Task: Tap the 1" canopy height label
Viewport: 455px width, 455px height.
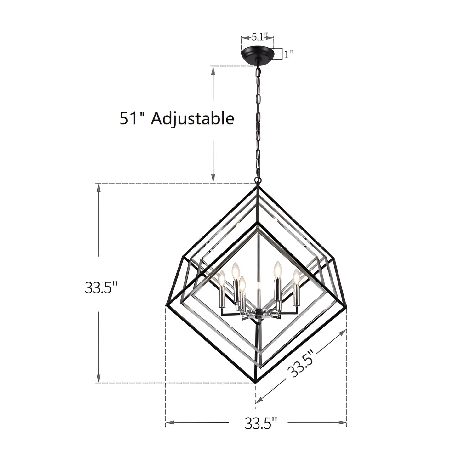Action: tap(288, 54)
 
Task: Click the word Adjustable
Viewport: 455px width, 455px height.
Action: tap(192, 119)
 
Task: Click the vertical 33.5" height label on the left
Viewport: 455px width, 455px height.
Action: tap(101, 288)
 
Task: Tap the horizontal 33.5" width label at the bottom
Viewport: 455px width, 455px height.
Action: tap(261, 423)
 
